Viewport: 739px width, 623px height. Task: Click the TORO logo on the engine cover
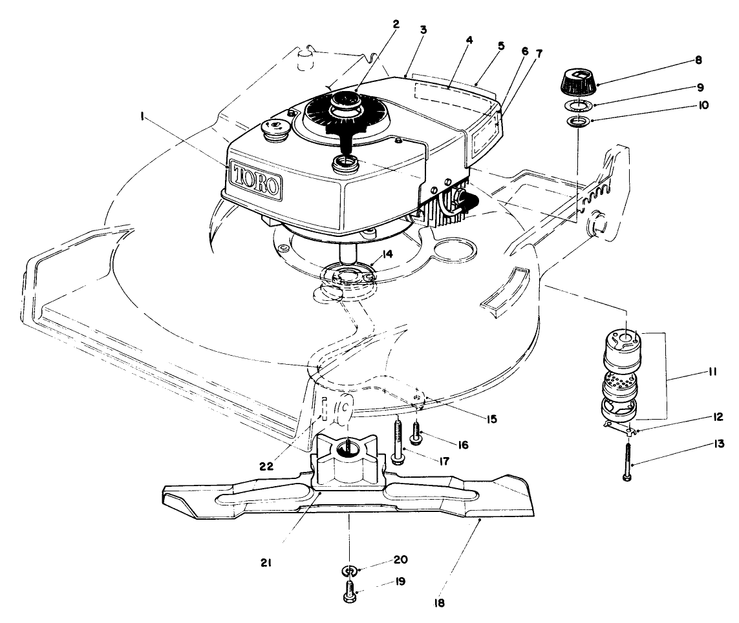[x=256, y=180]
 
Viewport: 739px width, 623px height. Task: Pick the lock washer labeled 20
[x=349, y=571]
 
